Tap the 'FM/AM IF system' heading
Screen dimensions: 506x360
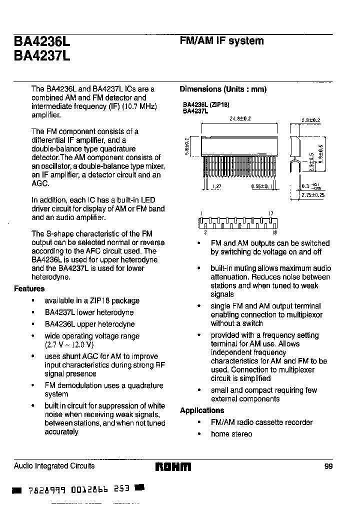pos(221,41)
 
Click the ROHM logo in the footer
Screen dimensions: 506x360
pos(173,467)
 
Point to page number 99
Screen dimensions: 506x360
pos(328,466)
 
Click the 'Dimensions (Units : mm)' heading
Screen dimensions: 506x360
pos(223,89)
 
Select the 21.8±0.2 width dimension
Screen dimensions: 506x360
pos(240,119)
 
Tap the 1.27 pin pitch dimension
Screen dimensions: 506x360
pos(216,186)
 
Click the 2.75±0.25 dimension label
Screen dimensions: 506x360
pos(312,195)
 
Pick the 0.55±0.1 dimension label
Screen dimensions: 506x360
pos(260,186)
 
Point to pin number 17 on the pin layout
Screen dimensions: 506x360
pos(271,213)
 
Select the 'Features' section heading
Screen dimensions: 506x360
pos(29,288)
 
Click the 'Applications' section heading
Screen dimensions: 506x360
pos(202,410)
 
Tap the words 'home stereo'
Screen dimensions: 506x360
pos(231,434)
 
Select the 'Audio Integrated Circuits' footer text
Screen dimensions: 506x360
pos(54,466)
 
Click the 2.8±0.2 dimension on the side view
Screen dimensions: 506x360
pos(310,120)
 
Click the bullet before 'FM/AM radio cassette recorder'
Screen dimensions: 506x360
pos(199,423)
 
